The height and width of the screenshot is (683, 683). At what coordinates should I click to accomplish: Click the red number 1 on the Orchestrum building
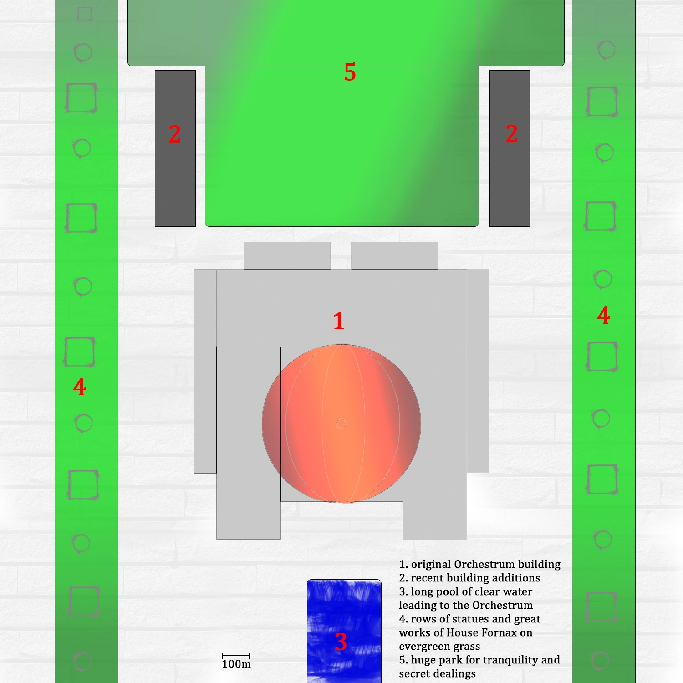click(338, 321)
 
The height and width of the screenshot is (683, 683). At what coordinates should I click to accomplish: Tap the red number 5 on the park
click(350, 72)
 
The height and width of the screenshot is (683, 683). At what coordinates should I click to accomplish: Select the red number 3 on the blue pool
click(341, 642)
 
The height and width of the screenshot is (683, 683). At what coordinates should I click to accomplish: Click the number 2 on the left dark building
click(175, 134)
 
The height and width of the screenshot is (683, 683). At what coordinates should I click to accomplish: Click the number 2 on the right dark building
click(511, 134)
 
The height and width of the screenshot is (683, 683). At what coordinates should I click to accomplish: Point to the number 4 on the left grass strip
click(80, 387)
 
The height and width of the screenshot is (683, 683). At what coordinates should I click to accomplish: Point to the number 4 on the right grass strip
click(604, 316)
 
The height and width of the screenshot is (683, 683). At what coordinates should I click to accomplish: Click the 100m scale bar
click(236, 657)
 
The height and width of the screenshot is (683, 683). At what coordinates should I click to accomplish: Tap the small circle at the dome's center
click(341, 424)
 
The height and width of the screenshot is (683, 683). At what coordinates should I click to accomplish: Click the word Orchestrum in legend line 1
click(484, 565)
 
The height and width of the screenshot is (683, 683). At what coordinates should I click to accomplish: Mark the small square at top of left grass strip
click(85, 14)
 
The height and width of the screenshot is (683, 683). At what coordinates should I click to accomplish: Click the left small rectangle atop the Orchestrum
click(287, 255)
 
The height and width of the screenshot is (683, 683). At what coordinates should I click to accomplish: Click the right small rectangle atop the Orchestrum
click(394, 255)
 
